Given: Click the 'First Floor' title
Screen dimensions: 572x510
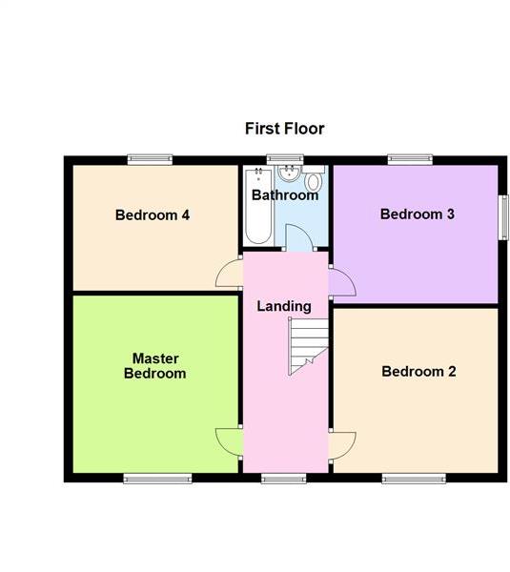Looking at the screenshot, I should [x=284, y=129].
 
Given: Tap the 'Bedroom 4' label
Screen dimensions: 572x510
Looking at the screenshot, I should [x=153, y=215].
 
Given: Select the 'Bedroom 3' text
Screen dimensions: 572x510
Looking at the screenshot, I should [x=417, y=214].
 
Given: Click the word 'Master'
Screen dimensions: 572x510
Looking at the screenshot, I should [x=154, y=358].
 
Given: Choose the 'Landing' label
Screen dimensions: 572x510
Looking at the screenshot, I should [x=284, y=306].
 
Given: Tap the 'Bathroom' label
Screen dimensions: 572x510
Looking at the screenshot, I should [x=284, y=195].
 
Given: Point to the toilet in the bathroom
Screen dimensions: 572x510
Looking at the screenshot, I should [x=315, y=183].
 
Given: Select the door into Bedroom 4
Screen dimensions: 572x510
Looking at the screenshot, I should [x=229, y=275].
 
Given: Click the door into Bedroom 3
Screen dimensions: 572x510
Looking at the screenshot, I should [x=341, y=283].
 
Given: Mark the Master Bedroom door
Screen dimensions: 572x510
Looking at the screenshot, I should [x=229, y=441].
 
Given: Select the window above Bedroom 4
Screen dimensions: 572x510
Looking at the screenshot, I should [x=150, y=159].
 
